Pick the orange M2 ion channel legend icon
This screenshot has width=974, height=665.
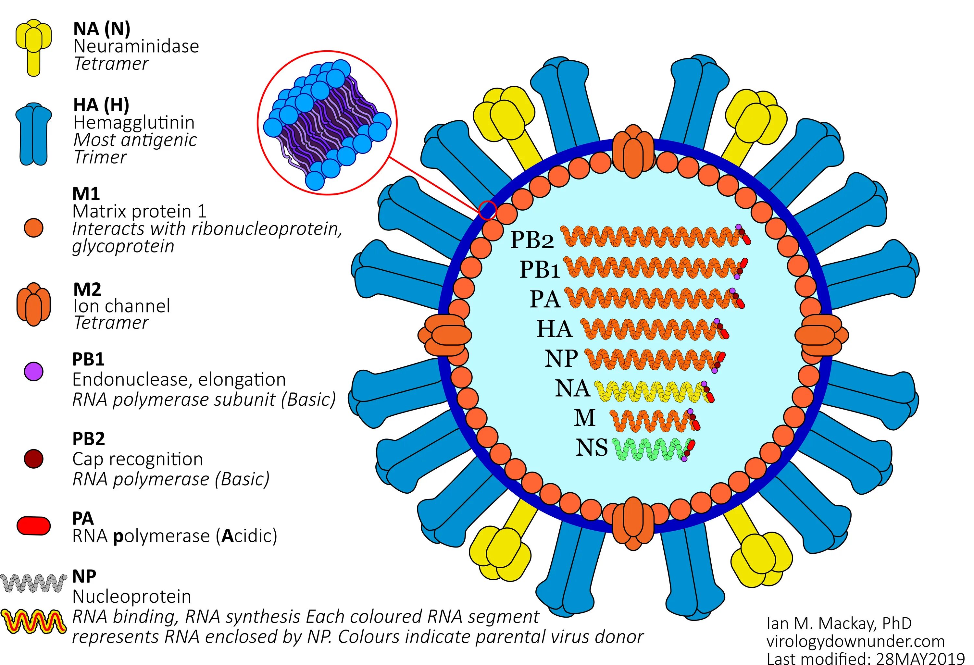click(33, 304)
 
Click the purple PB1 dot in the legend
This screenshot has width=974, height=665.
click(33, 371)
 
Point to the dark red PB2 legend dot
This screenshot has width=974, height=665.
click(33, 459)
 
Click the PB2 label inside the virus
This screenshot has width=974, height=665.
click(531, 240)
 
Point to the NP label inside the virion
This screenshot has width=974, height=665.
click(561, 359)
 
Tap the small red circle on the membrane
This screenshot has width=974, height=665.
click(487, 210)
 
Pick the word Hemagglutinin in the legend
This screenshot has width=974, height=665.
click(134, 123)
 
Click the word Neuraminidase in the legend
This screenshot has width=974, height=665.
click(136, 46)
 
